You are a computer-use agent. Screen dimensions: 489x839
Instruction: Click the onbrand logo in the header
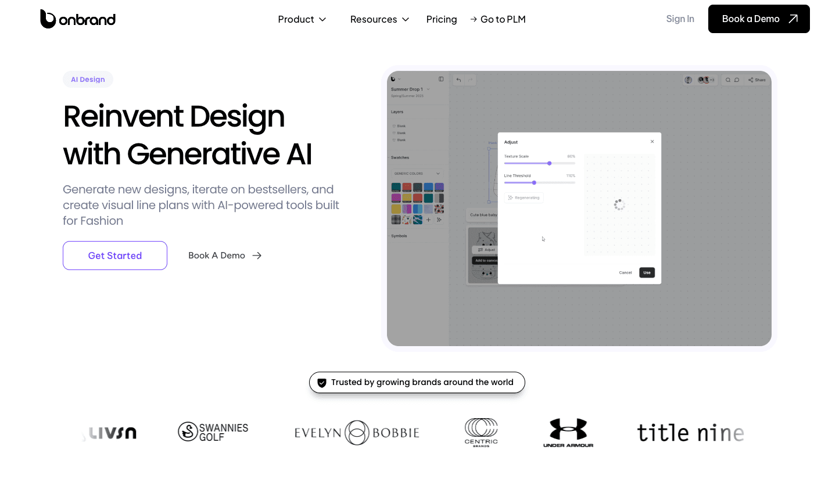pos(78,19)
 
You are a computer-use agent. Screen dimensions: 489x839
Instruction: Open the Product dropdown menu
pos(302,19)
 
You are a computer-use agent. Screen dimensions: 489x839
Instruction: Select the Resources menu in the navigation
pos(380,19)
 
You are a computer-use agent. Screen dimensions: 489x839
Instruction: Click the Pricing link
pos(442,19)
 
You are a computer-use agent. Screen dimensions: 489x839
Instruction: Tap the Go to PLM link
pos(498,19)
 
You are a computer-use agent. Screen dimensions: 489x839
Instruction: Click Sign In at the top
pos(680,19)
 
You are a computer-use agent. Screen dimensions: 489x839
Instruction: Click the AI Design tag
pos(88,80)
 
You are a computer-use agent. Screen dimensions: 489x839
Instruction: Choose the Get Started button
pos(115,256)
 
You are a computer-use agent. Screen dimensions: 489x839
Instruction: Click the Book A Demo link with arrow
pos(225,256)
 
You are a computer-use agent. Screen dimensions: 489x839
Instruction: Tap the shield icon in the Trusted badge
pos(322,383)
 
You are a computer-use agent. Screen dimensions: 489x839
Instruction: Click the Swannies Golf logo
pos(213,432)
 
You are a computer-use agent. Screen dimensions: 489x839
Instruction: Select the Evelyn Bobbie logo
pos(357,433)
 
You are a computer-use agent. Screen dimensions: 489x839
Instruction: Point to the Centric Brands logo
pos(481,432)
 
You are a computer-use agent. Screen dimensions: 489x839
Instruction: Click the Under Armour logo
pos(568,433)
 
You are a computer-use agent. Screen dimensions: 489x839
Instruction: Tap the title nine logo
pos(690,433)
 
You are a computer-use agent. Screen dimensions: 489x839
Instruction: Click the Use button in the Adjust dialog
pos(647,272)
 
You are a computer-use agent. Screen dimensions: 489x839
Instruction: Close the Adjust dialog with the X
pos(652,142)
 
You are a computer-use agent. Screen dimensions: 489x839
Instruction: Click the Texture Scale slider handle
pos(549,163)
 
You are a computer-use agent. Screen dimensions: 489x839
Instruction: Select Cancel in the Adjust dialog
pos(625,272)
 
